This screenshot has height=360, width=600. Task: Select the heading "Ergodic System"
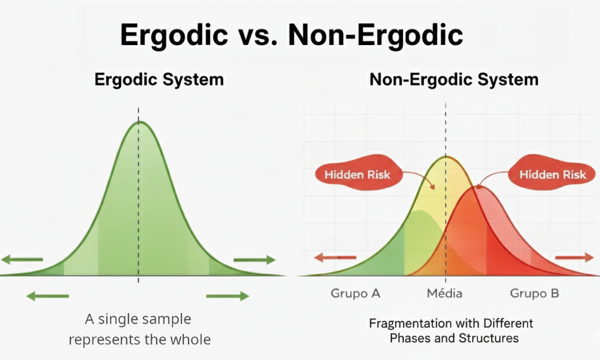click(x=159, y=80)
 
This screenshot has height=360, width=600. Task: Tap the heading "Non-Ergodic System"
click(x=454, y=80)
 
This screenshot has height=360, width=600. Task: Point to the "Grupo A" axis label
click(x=355, y=293)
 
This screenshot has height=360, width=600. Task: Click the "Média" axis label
click(x=445, y=293)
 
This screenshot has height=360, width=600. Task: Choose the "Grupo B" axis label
click(x=534, y=293)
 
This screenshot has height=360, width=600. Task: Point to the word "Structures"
click(x=490, y=338)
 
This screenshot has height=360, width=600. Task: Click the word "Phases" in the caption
click(x=412, y=338)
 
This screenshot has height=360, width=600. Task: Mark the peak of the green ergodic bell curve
click(x=138, y=123)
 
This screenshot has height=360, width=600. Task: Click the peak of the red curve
click(x=479, y=187)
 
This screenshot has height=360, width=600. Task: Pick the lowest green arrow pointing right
click(x=228, y=297)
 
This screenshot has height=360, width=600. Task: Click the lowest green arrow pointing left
click(x=47, y=297)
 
